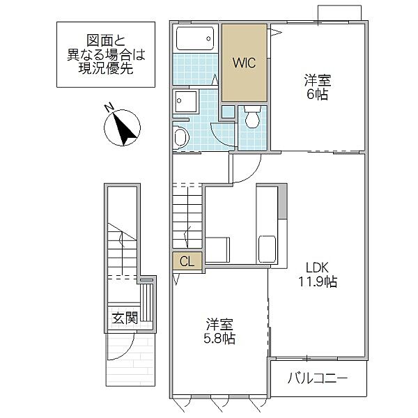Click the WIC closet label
(245, 63)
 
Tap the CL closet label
(187, 261)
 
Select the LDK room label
(317, 268)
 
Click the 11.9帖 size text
(318, 281)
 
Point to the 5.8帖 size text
(219, 339)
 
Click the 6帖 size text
(317, 94)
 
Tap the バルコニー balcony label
(318, 378)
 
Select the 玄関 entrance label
(125, 318)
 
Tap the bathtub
(195, 38)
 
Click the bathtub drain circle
(208, 38)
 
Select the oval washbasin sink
(181, 138)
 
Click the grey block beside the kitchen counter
(283, 201)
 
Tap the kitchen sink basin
(267, 249)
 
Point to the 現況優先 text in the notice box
(106, 69)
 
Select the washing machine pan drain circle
(179, 101)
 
